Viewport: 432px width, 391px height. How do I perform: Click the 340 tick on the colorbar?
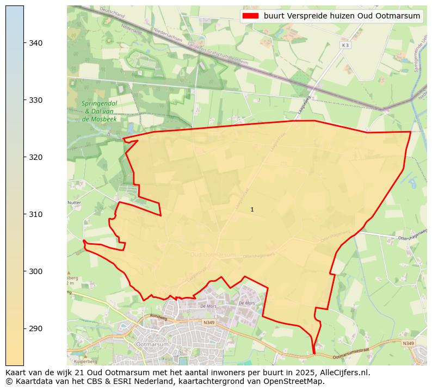tap(36, 43)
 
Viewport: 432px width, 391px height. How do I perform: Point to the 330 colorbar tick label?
tap(36, 100)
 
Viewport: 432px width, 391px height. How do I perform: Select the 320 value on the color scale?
tap(36, 157)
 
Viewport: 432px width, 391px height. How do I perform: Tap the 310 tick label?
tap(36, 214)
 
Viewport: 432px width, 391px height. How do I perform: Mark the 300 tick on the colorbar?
tap(36, 271)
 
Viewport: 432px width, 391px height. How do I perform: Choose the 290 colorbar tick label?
tap(36, 328)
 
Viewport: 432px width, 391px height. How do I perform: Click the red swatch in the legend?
tap(251, 16)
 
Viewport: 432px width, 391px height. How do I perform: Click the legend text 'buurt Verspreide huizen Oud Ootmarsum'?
tap(342, 16)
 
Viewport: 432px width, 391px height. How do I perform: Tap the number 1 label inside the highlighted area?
tap(252, 209)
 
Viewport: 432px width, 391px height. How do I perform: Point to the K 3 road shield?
tap(344, 45)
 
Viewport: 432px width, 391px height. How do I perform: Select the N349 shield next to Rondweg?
tap(208, 322)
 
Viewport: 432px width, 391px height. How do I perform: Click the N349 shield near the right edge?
tap(409, 343)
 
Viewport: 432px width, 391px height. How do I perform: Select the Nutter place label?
tap(74, 202)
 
